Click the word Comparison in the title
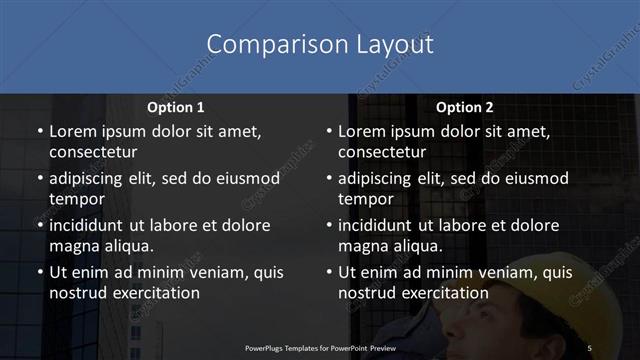267,45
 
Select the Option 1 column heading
176,107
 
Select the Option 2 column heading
465,107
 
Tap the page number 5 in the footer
589,347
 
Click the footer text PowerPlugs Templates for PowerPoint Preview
320,347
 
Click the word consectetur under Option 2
382,152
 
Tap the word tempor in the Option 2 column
364,199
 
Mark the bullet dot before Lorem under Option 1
39,132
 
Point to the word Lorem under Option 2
362,132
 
